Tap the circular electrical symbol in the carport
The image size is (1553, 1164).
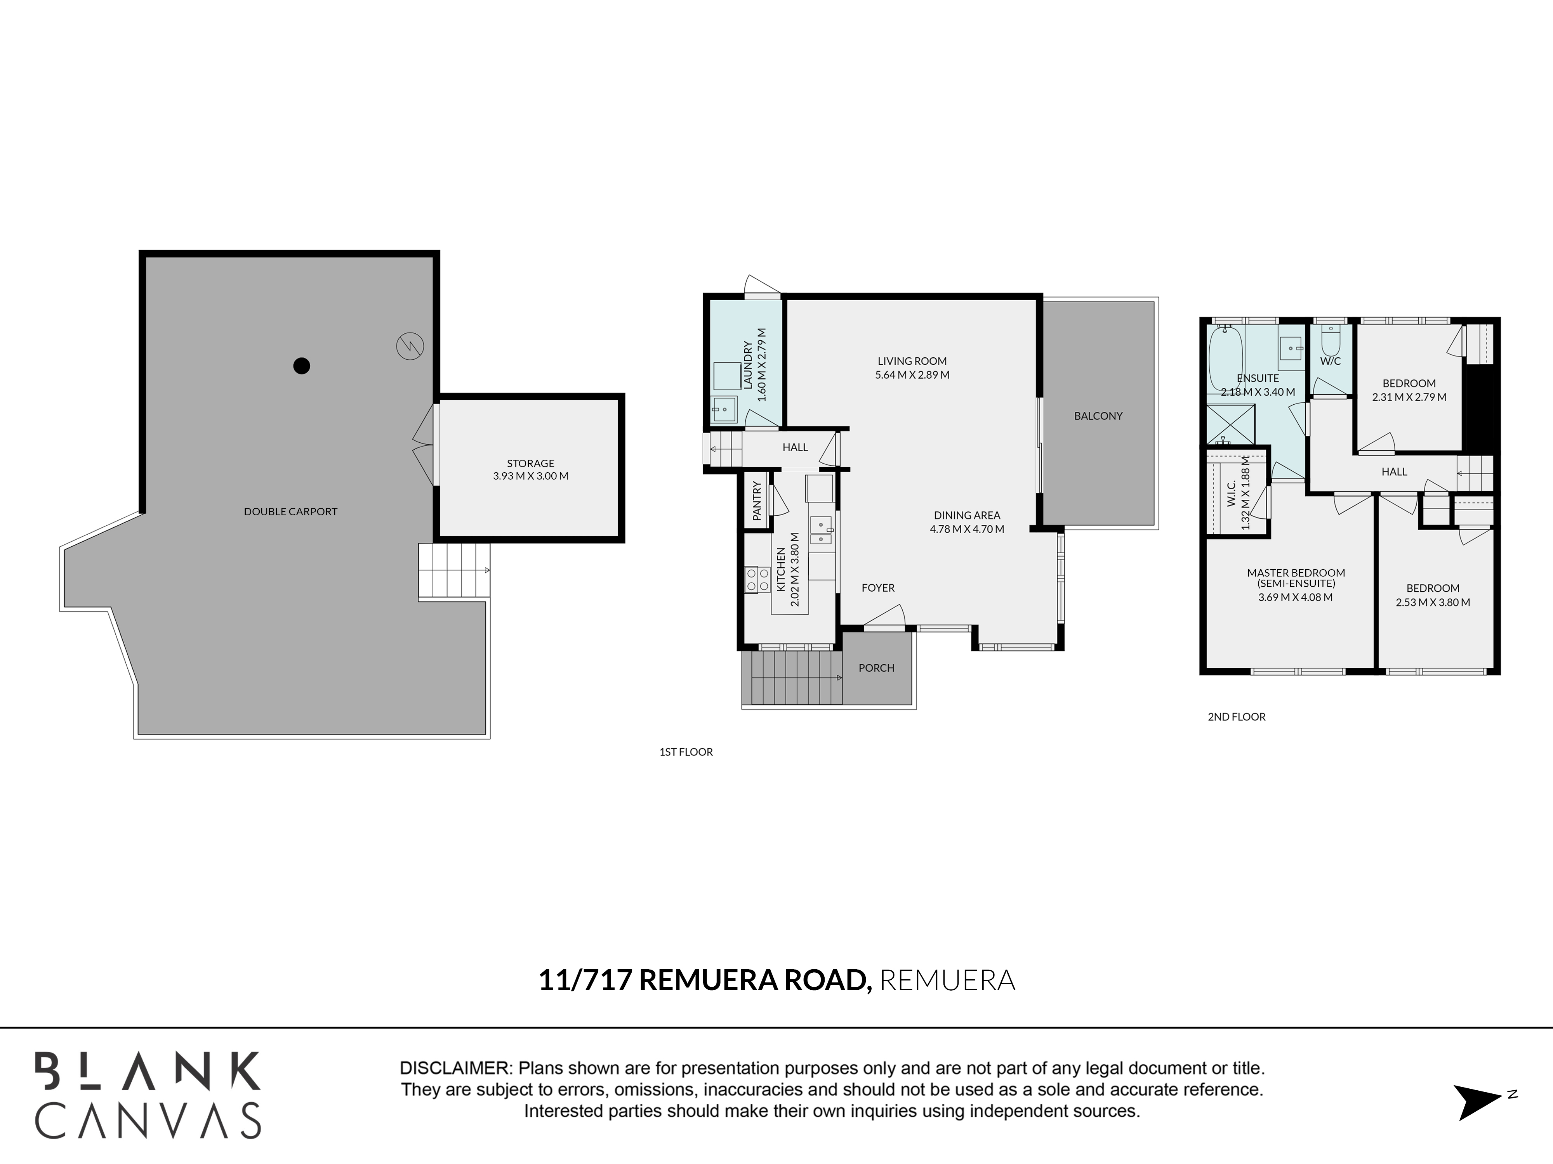(410, 346)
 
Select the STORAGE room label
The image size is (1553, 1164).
(531, 463)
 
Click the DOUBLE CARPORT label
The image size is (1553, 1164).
(291, 511)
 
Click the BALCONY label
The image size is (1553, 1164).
(1098, 416)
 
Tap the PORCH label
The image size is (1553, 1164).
(876, 668)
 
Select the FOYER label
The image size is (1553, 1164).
(878, 588)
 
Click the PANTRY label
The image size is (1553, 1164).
(757, 501)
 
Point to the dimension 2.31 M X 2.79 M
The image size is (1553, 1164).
(1409, 397)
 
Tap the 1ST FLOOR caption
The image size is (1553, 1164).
(686, 752)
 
